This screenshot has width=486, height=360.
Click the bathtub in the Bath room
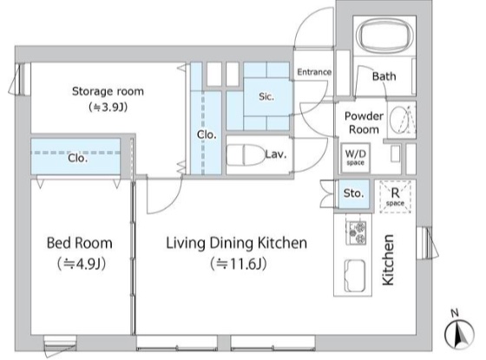point(384,36)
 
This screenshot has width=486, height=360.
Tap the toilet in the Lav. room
point(245,155)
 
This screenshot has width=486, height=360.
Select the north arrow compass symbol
point(459,333)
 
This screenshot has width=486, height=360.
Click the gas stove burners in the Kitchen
point(356,232)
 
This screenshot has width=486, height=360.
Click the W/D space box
point(355,158)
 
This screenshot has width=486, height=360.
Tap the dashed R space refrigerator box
point(395,197)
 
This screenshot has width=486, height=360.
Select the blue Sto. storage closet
point(353,194)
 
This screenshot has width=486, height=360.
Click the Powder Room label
point(364,122)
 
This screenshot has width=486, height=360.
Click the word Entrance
point(314,72)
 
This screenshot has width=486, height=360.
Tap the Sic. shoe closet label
point(266,96)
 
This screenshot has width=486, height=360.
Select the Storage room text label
point(108,91)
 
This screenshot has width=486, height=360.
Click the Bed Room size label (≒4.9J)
point(82,264)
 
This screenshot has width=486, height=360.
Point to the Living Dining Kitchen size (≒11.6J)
point(238,264)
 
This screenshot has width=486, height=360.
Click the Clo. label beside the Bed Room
point(77,158)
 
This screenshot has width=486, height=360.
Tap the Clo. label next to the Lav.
point(207,134)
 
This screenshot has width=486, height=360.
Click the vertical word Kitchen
point(388,260)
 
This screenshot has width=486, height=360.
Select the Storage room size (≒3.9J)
point(108,108)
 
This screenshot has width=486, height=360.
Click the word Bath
point(384,76)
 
